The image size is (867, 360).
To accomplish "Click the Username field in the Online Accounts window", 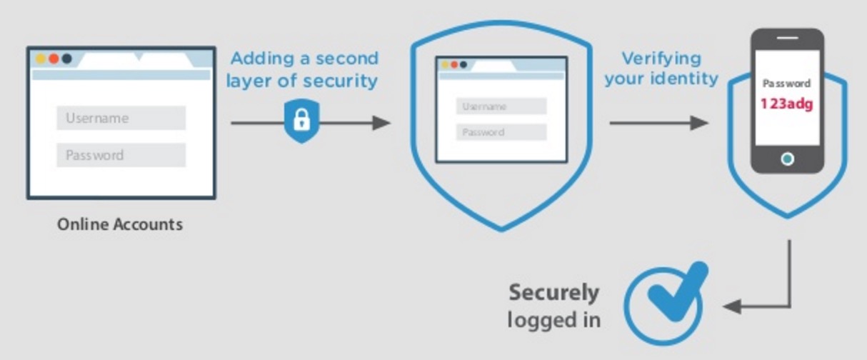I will tap(121, 119).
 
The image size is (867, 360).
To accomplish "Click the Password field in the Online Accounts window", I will tap(121, 155).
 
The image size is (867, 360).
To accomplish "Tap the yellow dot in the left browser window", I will tap(41, 58).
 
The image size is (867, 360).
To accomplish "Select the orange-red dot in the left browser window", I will tap(54, 58).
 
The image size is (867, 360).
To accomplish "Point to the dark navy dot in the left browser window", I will tap(66, 58).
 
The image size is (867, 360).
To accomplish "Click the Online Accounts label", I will tap(120, 224).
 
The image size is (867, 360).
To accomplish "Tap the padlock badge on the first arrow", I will tap(301, 121).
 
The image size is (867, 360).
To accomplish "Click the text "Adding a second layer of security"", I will tap(302, 69).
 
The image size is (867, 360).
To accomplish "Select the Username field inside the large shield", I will tap(501, 106).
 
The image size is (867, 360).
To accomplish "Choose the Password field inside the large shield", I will tap(501, 132).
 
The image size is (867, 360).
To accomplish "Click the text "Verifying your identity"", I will tap(661, 68).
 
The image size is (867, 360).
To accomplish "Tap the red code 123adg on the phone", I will tap(786, 104).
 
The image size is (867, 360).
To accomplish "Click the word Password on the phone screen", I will tap(786, 84).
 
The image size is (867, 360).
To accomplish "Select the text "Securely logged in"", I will tap(554, 306).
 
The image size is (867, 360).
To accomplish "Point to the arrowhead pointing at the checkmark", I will tap(731, 306).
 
